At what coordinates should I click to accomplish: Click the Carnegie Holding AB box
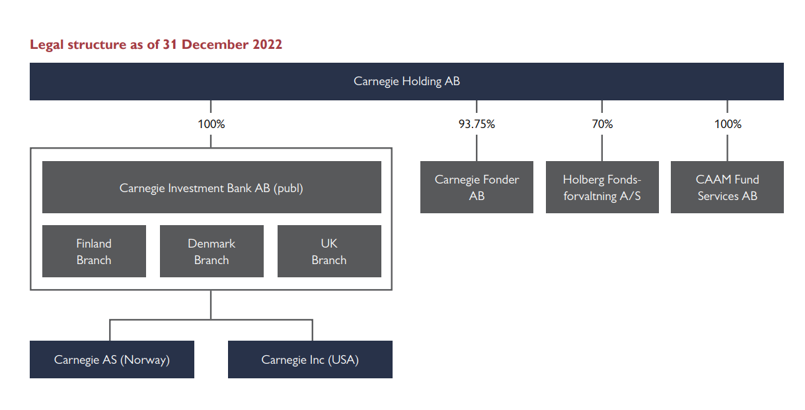click(406, 81)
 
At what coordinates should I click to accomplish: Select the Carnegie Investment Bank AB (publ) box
click(211, 187)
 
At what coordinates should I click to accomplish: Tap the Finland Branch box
click(94, 252)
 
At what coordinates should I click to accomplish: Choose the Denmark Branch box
click(211, 252)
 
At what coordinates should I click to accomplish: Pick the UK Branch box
click(329, 252)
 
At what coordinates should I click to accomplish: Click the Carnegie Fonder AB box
click(477, 187)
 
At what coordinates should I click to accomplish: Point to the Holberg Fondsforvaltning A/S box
click(602, 187)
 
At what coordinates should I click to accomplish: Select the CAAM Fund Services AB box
click(728, 187)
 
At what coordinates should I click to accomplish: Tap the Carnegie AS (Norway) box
click(112, 359)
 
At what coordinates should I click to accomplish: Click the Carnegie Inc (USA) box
click(310, 359)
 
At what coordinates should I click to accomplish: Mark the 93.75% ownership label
click(477, 124)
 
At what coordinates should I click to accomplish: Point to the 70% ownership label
click(602, 124)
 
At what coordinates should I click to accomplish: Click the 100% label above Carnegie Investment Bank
click(211, 124)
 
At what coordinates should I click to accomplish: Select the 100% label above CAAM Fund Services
click(728, 124)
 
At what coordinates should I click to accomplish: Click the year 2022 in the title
click(267, 44)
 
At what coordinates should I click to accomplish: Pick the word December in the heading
click(215, 44)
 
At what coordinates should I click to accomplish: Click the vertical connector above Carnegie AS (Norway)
click(110, 330)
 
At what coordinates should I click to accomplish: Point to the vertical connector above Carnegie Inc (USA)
click(313, 330)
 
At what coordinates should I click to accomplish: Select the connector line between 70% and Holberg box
click(602, 148)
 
